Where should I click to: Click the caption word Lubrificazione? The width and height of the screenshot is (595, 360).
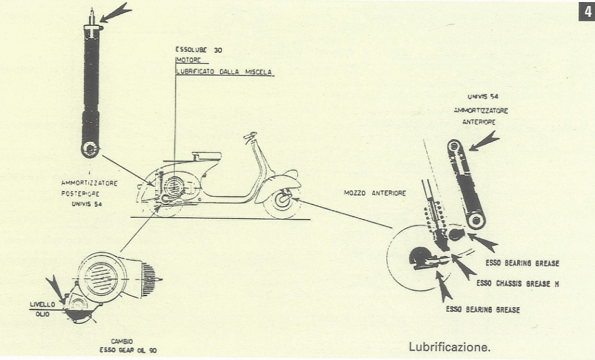pyautogui.click(x=450, y=348)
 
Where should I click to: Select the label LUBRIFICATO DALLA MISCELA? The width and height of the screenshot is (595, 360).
pyautogui.click(x=224, y=72)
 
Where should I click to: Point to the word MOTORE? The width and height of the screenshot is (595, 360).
pyautogui.click(x=188, y=60)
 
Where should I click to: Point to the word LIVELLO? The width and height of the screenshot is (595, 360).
pyautogui.click(x=42, y=304)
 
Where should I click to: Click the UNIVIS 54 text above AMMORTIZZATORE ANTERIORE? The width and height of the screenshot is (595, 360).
pyautogui.click(x=482, y=97)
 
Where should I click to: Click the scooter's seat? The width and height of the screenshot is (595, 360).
pyautogui.click(x=206, y=156)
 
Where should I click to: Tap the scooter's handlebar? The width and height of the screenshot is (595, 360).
pyautogui.click(x=250, y=137)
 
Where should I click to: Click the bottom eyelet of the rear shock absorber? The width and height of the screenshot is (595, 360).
pyautogui.click(x=90, y=149)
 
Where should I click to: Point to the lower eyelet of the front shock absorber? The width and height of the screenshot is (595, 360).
pyautogui.click(x=476, y=220)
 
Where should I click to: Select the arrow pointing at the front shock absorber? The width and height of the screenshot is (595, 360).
pyautogui.click(x=484, y=142)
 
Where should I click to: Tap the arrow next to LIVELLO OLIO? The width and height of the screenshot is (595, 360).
pyautogui.click(x=56, y=288)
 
